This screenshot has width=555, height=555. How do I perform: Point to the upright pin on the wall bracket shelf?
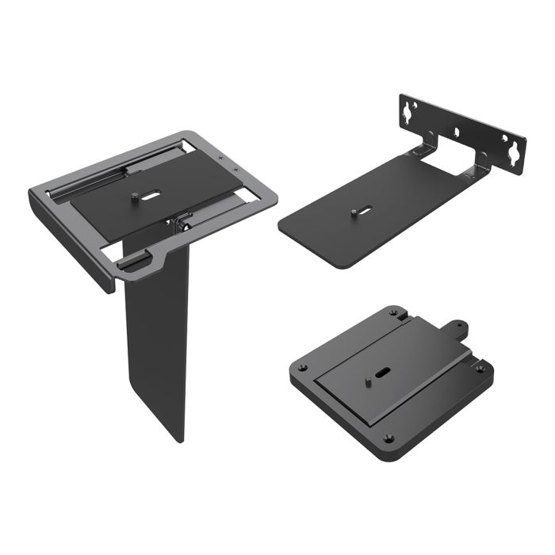tap(351, 212)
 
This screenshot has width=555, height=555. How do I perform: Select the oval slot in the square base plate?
tap(383, 371)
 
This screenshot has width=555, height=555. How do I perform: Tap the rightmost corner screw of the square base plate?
tap(479, 368)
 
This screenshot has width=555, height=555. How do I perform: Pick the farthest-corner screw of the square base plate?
tap(393, 312)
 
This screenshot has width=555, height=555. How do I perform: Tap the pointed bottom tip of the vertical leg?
tap(181, 438)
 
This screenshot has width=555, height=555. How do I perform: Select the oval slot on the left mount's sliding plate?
tap(151, 192)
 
